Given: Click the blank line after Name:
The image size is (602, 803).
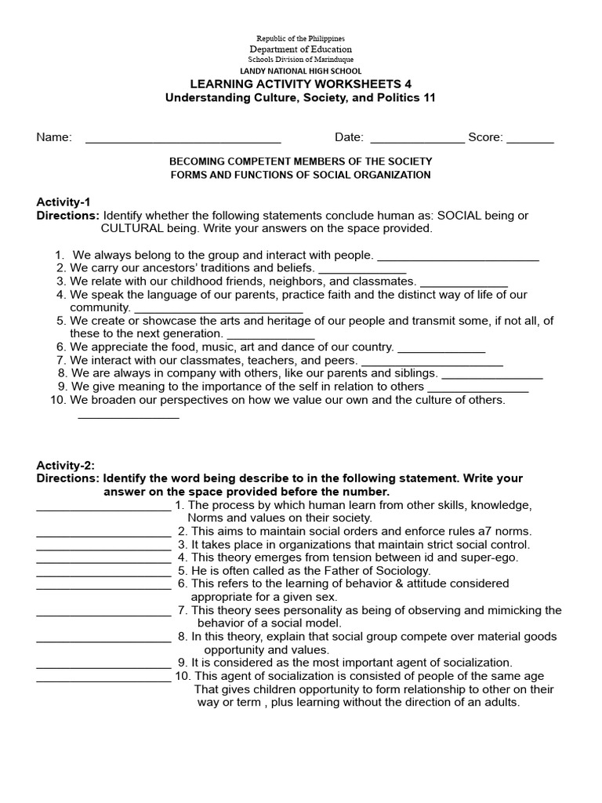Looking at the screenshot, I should pos(183,141).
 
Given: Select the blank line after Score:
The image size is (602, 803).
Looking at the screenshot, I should pos(530,141).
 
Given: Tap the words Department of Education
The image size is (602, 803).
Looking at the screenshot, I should pos(301,49).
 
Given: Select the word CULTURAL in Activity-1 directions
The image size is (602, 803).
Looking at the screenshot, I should pos(131,228).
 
